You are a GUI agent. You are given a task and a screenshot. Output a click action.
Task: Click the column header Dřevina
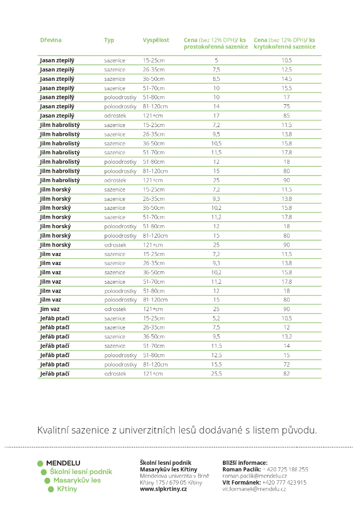pyautogui.click(x=51, y=40)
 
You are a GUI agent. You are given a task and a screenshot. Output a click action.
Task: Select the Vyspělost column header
pyautogui.click(x=156, y=40)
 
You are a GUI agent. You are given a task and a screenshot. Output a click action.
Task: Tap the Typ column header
pyautogui.click(x=109, y=40)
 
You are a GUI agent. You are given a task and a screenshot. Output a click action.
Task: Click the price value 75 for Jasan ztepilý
pyautogui.click(x=287, y=106)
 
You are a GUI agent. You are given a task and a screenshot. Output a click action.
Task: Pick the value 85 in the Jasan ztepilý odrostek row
pyautogui.click(x=287, y=116)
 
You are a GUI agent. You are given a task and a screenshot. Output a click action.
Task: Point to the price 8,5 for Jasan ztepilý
pyautogui.click(x=216, y=79)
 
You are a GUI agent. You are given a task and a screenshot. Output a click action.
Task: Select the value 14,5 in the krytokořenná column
pyautogui.click(x=287, y=79)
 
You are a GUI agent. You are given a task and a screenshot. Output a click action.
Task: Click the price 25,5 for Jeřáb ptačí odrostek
pyautogui.click(x=216, y=374)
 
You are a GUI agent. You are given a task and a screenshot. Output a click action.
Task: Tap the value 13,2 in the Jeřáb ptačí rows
pyautogui.click(x=287, y=337)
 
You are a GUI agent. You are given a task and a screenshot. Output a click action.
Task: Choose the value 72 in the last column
pyautogui.click(x=287, y=365)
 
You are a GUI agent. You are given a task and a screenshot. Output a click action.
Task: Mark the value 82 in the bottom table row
pyautogui.click(x=287, y=374)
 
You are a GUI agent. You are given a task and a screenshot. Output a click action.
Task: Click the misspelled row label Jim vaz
pyautogui.click(x=50, y=309)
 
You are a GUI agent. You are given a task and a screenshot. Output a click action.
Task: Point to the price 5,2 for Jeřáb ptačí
pyautogui.click(x=216, y=318)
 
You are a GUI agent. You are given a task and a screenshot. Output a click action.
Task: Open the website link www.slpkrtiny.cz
pyautogui.click(x=163, y=489)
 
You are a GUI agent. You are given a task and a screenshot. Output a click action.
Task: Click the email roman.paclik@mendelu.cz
pyautogui.click(x=254, y=476)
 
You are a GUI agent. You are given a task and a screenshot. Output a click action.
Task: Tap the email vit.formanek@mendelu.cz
pyautogui.click(x=254, y=489)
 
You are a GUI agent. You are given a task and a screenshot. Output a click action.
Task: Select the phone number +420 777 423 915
pyautogui.click(x=285, y=482)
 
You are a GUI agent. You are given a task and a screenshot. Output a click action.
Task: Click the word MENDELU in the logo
pyautogui.click(x=63, y=463)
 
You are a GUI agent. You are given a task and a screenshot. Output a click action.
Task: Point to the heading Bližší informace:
pyautogui.click(x=245, y=462)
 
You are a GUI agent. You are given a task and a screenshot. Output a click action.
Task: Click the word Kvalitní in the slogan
pyautogui.click(x=54, y=430)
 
